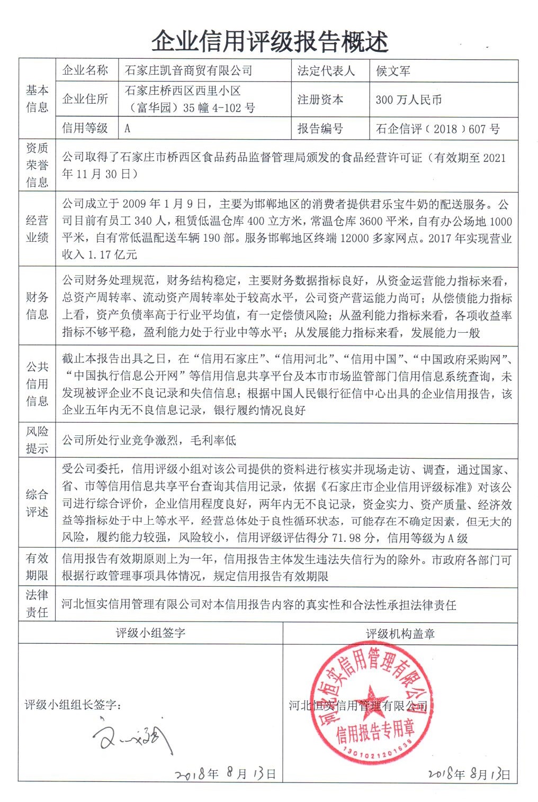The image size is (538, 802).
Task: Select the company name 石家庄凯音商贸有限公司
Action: click(188, 71)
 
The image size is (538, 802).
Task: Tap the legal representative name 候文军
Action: click(393, 71)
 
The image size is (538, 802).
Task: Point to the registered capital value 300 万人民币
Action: click(408, 100)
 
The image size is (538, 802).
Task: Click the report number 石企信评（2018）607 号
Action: click(437, 129)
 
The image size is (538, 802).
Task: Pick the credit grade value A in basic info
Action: click(128, 129)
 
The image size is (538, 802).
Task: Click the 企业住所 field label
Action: click(85, 99)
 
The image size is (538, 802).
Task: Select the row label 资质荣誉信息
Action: click(37, 165)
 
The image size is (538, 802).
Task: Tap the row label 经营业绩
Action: click(37, 229)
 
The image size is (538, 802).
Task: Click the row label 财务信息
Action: click(37, 306)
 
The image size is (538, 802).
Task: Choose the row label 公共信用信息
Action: click(37, 384)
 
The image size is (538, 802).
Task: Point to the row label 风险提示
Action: click(37, 440)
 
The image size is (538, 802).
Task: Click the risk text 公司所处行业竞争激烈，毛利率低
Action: click(149, 440)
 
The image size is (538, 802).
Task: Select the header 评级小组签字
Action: click(150, 633)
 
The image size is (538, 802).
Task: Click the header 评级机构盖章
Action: click(400, 634)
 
